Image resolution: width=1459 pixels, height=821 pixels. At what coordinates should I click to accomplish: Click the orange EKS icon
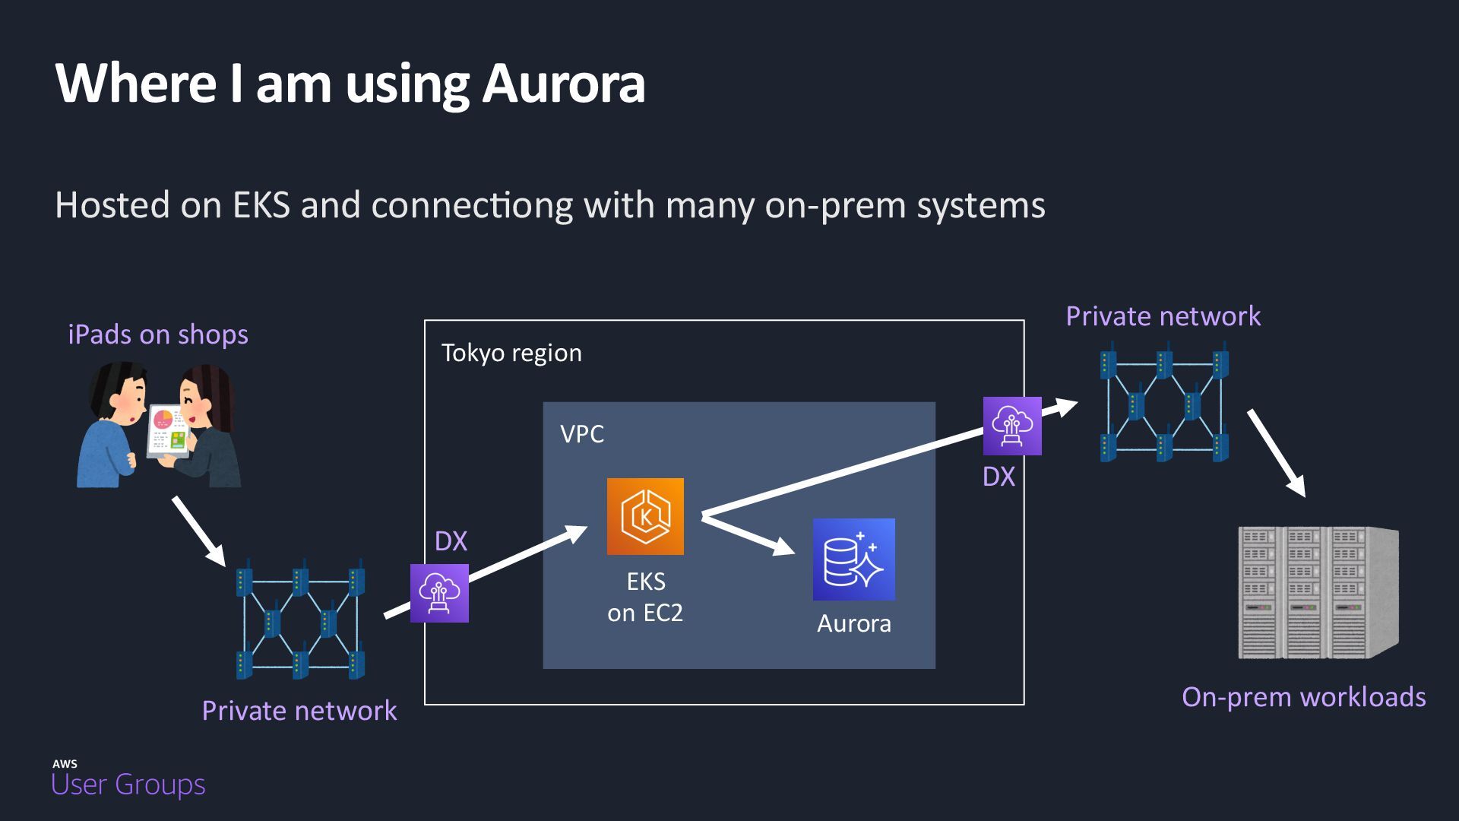(x=645, y=516)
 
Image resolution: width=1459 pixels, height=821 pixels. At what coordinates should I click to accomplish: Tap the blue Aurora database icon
(x=853, y=559)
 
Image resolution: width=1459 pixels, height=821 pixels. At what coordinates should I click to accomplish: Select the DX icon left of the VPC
(x=439, y=593)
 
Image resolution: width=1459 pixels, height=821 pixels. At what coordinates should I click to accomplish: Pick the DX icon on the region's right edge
(x=1012, y=426)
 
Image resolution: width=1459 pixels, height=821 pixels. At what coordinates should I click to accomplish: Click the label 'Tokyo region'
(x=511, y=353)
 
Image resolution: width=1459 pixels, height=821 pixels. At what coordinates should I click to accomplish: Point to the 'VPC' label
(x=582, y=434)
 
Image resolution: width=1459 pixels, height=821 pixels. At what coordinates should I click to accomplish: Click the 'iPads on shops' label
(x=158, y=334)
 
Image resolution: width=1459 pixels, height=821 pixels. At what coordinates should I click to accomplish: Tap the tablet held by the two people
(x=169, y=430)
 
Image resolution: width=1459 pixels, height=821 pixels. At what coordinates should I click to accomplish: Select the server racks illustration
(x=1318, y=592)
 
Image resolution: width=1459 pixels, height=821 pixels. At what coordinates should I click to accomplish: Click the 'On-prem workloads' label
(x=1303, y=697)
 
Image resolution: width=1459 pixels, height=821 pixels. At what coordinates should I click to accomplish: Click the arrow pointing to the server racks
(x=1276, y=452)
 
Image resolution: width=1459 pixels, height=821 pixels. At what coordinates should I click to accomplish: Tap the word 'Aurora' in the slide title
(x=563, y=83)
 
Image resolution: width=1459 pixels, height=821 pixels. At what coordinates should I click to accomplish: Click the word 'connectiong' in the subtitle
(x=472, y=205)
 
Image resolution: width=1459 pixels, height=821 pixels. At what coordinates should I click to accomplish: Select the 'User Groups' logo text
(x=128, y=784)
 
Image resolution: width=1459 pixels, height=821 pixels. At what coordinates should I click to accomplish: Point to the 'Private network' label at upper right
(x=1163, y=316)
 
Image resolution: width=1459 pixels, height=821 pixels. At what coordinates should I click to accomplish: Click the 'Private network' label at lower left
(x=299, y=711)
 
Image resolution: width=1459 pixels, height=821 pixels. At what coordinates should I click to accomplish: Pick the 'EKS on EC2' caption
(x=645, y=597)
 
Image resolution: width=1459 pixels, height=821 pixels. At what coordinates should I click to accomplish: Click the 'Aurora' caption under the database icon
(x=853, y=623)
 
